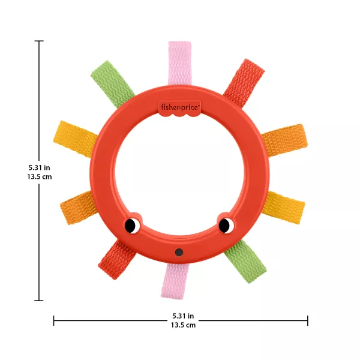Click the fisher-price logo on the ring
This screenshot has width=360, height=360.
click(179, 107)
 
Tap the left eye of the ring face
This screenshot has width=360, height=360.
click(132, 226)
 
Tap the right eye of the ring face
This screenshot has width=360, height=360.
click(226, 226)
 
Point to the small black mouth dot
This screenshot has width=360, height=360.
click(179, 253)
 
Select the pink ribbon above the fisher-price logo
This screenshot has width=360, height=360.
click(179, 63)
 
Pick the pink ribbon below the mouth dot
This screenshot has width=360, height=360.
click(176, 281)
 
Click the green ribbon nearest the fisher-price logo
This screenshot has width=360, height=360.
click(113, 84)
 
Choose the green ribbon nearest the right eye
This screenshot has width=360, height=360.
click(245, 261)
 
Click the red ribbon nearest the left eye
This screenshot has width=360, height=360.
click(116, 260)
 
